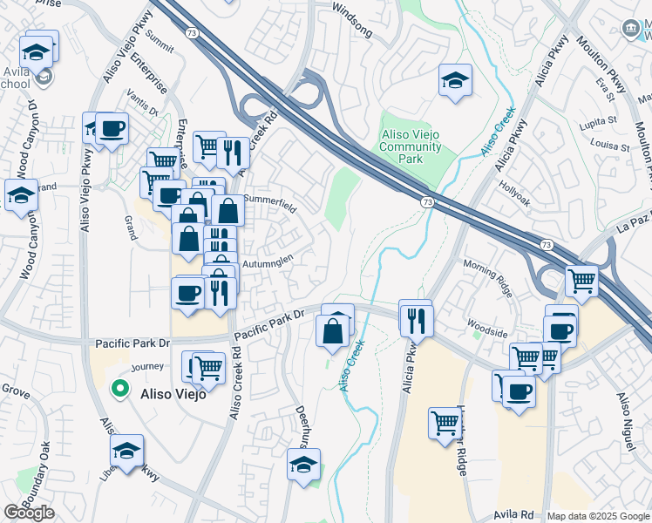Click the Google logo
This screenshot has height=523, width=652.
pyautogui.click(x=30, y=513)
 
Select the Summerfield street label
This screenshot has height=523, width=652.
pyautogui.click(x=270, y=203)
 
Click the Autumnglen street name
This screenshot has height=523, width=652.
pyautogui.click(x=274, y=260)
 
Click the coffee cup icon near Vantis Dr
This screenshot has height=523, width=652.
pyautogui.click(x=112, y=130)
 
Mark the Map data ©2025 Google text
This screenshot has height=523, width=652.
pyautogui.click(x=597, y=516)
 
